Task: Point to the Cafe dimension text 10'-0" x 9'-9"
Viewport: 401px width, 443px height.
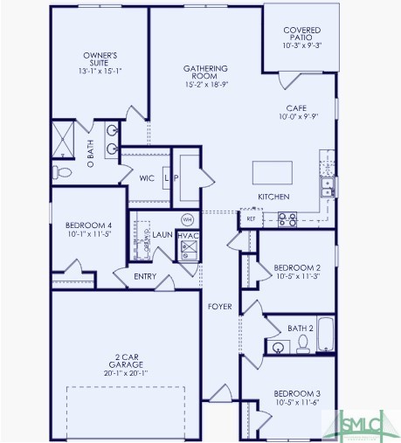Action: (x=297, y=116)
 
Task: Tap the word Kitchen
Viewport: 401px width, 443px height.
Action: (x=273, y=197)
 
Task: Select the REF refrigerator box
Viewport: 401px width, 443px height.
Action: (x=251, y=218)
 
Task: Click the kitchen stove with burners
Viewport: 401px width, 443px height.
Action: (x=287, y=218)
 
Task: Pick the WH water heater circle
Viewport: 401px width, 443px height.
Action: (x=187, y=218)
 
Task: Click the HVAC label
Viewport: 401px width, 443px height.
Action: (x=188, y=235)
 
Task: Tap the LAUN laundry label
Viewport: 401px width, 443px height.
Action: (x=162, y=235)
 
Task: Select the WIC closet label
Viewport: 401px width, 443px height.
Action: (x=147, y=178)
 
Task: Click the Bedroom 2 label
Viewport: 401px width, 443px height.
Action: (x=297, y=267)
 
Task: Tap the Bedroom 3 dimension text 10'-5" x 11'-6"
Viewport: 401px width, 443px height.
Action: (x=297, y=403)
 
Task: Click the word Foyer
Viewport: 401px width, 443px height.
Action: (x=219, y=307)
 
